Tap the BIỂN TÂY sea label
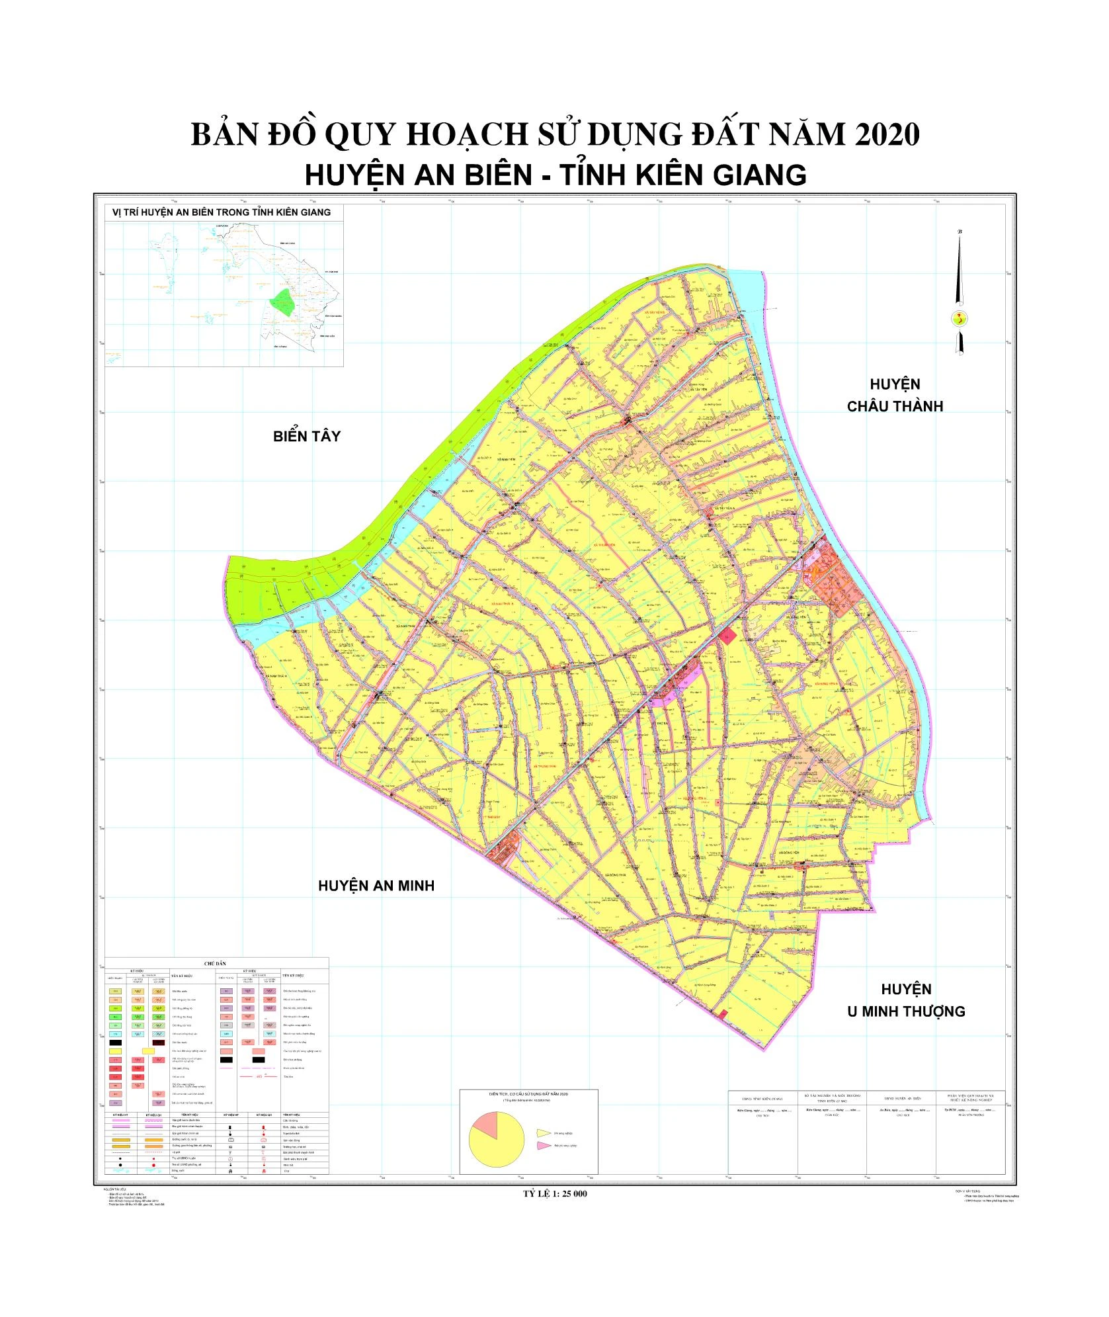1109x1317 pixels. point(307,436)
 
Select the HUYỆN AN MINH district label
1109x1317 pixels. point(376,886)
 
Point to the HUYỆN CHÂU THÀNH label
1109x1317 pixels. point(895,395)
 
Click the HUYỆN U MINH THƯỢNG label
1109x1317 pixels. point(906,1000)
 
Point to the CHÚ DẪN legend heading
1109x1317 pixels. point(216,964)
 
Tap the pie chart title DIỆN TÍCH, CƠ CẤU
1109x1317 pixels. point(528,1094)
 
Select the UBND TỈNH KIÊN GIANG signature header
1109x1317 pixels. point(762,1099)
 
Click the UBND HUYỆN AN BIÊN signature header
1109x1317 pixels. point(901,1099)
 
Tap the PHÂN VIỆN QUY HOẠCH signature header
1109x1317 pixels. point(970,1097)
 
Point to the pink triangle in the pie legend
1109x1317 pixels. point(544,1145)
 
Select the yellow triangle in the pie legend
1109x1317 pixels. point(544,1133)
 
